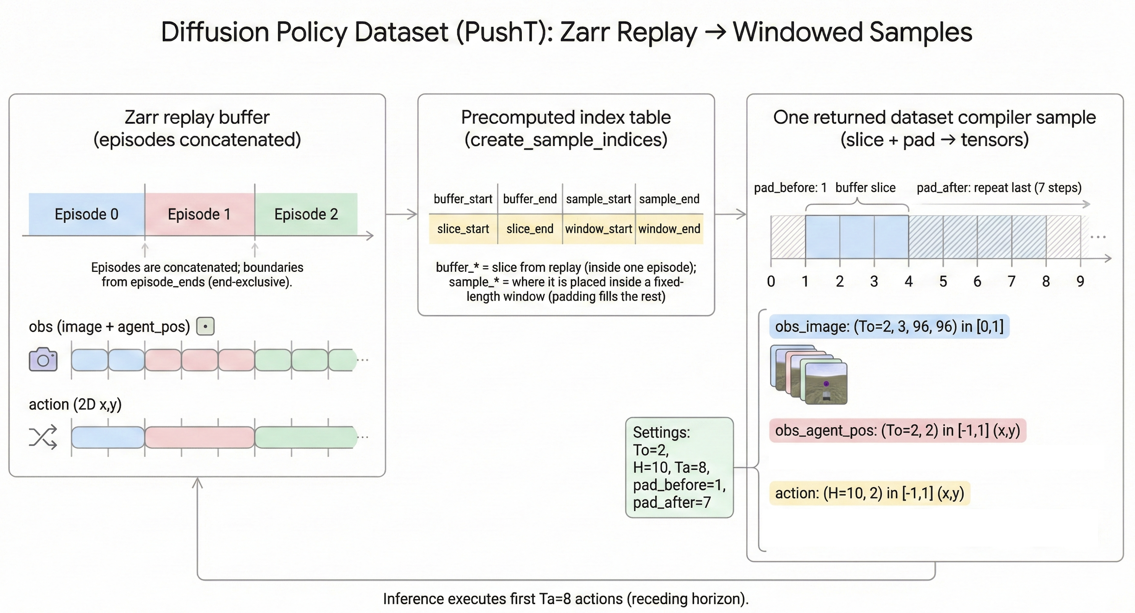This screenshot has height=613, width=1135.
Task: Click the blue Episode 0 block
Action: pos(86,214)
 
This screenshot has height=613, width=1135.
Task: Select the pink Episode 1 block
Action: pos(200,214)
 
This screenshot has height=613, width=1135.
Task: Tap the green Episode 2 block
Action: pos(306,214)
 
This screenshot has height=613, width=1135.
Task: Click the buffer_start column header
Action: pos(463,199)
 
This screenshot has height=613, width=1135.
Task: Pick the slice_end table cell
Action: pos(530,229)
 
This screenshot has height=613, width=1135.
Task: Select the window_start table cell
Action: pos(599,229)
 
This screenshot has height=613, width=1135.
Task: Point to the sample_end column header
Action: pos(669,199)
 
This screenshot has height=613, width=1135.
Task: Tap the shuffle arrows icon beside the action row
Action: pos(43,437)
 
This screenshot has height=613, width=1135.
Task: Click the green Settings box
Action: pos(680,467)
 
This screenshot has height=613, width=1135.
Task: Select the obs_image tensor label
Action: pos(889,327)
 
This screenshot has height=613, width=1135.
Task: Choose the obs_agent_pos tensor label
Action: pos(898,430)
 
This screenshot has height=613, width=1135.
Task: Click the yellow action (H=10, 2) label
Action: pos(870,493)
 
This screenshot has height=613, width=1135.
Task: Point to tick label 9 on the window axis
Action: pos(1080,281)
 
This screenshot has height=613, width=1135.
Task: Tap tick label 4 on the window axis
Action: pos(909,281)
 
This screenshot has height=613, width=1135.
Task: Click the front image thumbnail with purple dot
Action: pos(826,383)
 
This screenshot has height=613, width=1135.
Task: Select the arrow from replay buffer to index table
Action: pos(402,214)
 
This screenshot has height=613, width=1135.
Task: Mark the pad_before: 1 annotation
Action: pos(790,188)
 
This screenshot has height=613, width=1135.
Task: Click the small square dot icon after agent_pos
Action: pos(205,327)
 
